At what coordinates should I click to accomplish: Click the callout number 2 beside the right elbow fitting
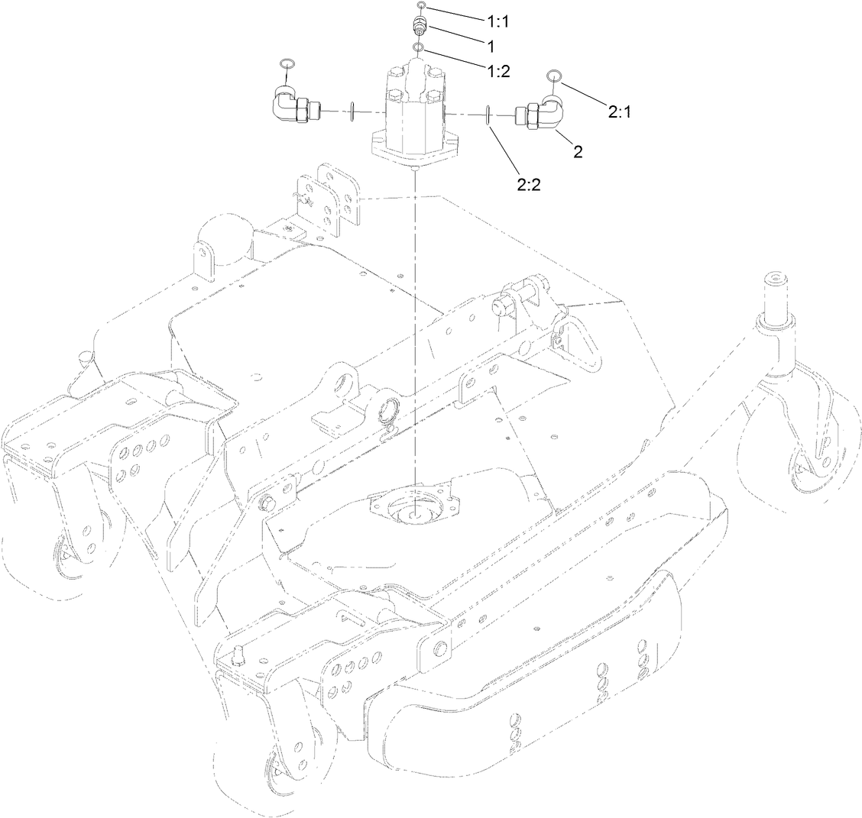(x=578, y=150)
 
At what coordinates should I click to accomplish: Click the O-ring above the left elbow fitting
(x=286, y=62)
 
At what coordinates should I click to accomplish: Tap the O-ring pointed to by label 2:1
(x=555, y=75)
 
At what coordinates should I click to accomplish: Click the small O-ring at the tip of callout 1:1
(x=421, y=7)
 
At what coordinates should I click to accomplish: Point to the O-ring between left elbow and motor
(x=351, y=112)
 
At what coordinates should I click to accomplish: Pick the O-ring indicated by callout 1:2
(x=419, y=48)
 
